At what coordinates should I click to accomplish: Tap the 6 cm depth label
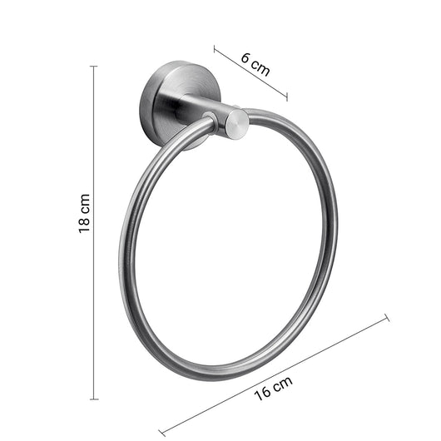point(255,63)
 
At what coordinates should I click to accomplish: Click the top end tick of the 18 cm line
point(93,66)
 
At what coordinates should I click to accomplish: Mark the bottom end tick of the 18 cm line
point(93,399)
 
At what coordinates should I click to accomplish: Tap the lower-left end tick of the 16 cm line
point(161,432)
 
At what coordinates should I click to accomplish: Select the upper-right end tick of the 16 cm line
point(387,317)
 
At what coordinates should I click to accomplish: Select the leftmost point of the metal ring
point(122,250)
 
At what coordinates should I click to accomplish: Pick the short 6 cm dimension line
point(250,73)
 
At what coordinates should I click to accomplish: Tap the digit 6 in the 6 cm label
point(246,57)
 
